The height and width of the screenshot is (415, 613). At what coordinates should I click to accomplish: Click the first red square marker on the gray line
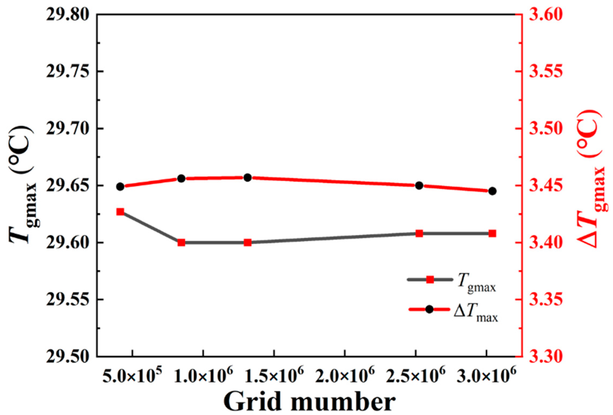[120, 212]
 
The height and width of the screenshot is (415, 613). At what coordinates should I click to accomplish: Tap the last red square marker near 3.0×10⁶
[492, 233]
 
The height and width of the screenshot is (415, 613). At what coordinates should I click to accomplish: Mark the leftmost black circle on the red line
[120, 187]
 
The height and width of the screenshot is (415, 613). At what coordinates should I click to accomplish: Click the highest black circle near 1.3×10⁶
[248, 178]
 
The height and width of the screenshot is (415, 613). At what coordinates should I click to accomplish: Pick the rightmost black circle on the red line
[492, 191]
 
